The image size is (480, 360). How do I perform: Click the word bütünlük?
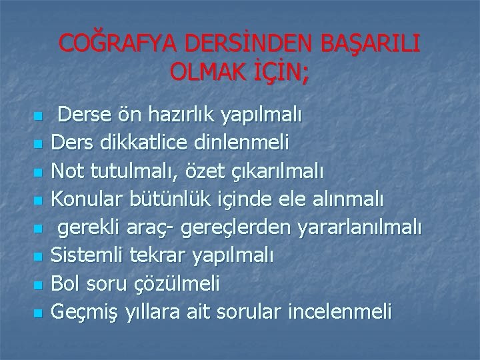point(163,198)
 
